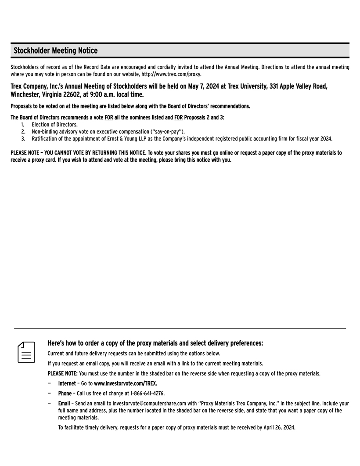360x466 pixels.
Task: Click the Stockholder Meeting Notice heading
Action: (56, 51)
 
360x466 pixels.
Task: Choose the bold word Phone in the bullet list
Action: (65, 393)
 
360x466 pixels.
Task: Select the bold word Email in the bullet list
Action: (64, 403)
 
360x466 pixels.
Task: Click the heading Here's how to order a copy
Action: (155, 343)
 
